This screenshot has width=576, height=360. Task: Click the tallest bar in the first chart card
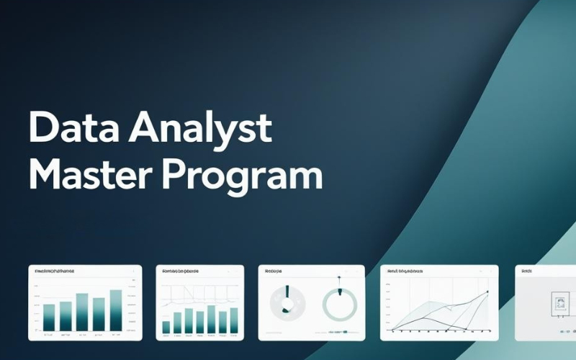click(115, 310)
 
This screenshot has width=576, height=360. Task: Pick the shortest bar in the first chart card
click(49, 318)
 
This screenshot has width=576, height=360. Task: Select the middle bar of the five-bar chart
click(82, 312)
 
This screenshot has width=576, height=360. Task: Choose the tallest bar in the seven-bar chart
click(212, 319)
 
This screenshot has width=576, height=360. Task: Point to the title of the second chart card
click(181, 271)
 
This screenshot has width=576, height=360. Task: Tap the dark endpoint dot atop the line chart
click(487, 292)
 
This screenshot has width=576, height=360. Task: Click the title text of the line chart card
click(405, 271)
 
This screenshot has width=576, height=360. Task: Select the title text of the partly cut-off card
click(526, 271)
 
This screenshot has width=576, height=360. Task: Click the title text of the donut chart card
click(274, 271)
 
